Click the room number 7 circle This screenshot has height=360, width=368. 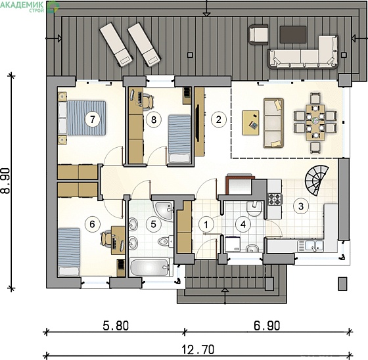click(92, 120)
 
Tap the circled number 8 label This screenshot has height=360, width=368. click(154, 120)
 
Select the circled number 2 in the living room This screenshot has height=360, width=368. click(219, 120)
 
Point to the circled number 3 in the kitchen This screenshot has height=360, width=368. click(301, 206)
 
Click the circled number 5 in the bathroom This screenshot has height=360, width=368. click(154, 224)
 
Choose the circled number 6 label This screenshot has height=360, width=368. click(92, 224)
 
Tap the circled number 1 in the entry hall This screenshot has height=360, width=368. click(206, 225)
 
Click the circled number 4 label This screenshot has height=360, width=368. click(243, 225)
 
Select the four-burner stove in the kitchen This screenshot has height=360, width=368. click(275, 199)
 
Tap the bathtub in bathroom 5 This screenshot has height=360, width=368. click(149, 267)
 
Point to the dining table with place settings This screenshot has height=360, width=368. click(315, 122)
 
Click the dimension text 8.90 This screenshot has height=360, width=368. click(5, 181)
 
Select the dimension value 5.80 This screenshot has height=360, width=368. click(116, 326)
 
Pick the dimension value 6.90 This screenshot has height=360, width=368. click(267, 326)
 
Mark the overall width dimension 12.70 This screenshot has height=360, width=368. click(198, 349)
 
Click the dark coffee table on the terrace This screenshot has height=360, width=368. click(293, 35)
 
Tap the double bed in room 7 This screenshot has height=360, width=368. click(81, 118)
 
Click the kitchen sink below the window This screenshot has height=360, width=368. click(310, 246)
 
